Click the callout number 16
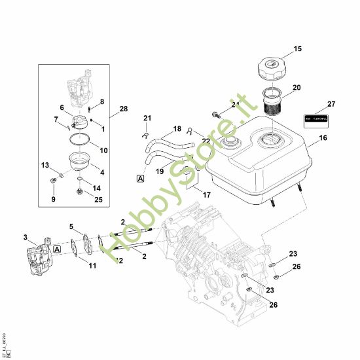pyautogui.click(x=323, y=139)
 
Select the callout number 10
pyautogui.click(x=103, y=150)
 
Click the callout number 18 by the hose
pyautogui.click(x=158, y=128)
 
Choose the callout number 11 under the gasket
pyautogui.click(x=92, y=265)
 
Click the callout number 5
pyautogui.click(x=71, y=226)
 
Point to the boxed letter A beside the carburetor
pyautogui.click(x=58, y=249)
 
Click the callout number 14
pyautogui.click(x=96, y=187)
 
